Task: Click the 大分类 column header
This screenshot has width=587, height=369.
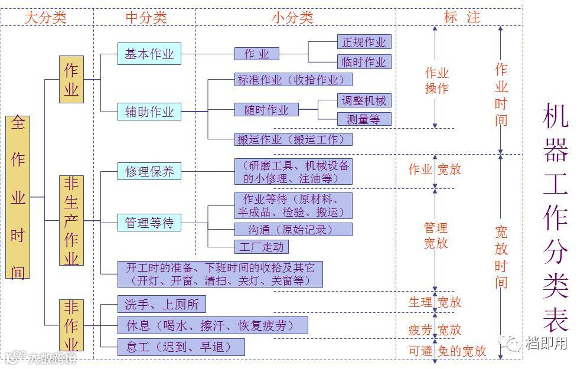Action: pyautogui.click(x=45, y=17)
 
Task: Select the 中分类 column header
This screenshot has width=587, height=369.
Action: pyautogui.click(x=146, y=17)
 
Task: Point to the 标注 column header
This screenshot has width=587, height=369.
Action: pyautogui.click(x=462, y=17)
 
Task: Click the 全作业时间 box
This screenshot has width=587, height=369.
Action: pyautogui.click(x=18, y=197)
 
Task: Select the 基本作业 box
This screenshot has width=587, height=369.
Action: pyautogui.click(x=149, y=54)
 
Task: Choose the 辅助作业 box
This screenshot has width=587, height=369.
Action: pyautogui.click(x=149, y=112)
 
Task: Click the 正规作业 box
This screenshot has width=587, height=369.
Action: pyautogui.click(x=364, y=42)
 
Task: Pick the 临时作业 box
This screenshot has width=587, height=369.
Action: pyautogui.click(x=364, y=61)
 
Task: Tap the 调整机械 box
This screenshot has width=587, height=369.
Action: pyautogui.click(x=364, y=100)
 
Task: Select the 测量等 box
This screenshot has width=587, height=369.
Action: pyautogui.click(x=364, y=119)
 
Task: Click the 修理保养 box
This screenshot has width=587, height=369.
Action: pyautogui.click(x=149, y=172)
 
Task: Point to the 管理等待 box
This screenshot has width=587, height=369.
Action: pyautogui.click(x=149, y=223)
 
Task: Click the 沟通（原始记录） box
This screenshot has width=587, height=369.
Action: pyautogui.click(x=293, y=229)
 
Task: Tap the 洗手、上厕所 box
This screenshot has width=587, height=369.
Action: pyautogui.click(x=161, y=304)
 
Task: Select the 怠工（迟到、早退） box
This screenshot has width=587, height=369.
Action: pyautogui.click(x=181, y=347)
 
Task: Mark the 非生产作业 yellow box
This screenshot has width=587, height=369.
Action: pyautogui.click(x=71, y=220)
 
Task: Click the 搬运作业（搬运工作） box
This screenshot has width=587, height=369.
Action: pyautogui.click(x=293, y=139)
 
